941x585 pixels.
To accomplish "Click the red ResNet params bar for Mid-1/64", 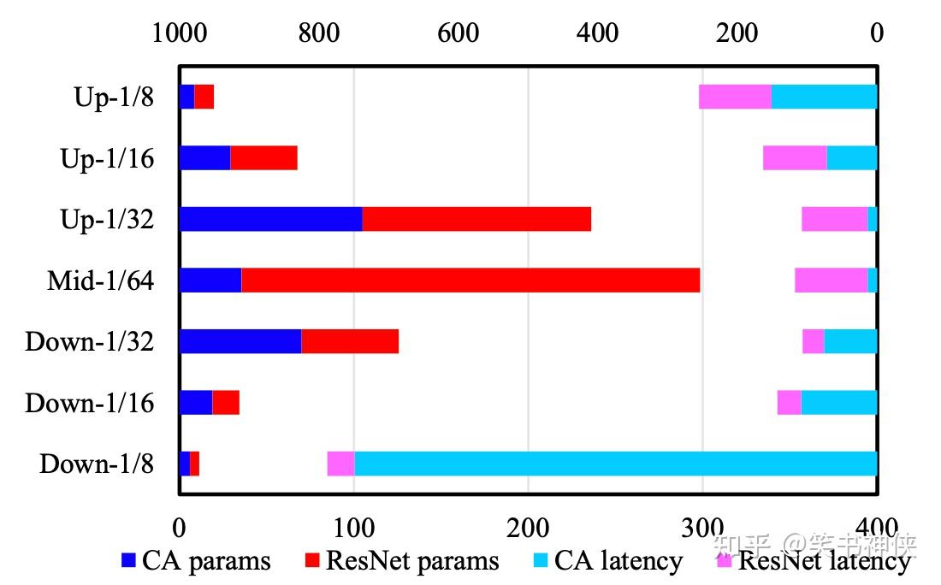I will [470, 281].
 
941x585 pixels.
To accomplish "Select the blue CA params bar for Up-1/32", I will [270, 219].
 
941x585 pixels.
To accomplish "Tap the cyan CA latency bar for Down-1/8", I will [616, 464].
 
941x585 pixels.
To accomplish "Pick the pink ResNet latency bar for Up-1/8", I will [735, 97].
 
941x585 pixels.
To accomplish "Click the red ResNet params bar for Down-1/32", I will [350, 341].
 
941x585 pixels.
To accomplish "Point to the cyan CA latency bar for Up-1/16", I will [852, 158].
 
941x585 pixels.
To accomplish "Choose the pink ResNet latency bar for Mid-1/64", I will [831, 281].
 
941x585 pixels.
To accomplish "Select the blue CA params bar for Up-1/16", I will [204, 158].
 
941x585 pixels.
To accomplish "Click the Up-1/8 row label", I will [114, 97].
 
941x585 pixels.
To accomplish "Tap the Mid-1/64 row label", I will [100, 281].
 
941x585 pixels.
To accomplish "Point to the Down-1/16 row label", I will [90, 403].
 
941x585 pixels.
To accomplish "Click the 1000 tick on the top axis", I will [180, 33].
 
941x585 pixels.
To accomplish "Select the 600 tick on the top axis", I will [458, 33].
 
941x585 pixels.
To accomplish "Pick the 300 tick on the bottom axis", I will [702, 525].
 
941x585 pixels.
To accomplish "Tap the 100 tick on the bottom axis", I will [353, 525].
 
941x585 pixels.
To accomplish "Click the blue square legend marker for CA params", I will [129, 561].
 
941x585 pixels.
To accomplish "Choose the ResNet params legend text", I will [412, 561].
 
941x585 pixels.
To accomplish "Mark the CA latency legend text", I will [618, 561].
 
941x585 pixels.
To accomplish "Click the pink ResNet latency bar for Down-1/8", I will [340, 464].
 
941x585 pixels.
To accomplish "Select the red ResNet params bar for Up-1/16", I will [263, 158].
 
